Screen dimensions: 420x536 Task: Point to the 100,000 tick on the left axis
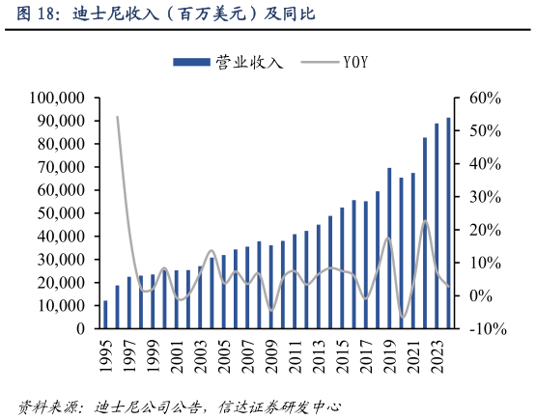tap(57, 98)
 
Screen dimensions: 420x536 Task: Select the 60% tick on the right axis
tap(483, 98)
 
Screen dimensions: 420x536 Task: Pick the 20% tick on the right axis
tap(483, 230)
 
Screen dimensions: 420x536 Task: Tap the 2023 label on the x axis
tap(437, 358)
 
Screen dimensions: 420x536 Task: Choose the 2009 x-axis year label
tap(271, 358)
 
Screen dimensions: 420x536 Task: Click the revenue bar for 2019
tap(389, 248)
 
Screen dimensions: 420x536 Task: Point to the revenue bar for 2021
tap(413, 250)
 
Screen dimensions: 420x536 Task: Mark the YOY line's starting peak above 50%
tap(117, 117)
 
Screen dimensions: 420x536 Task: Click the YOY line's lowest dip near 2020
tap(403, 317)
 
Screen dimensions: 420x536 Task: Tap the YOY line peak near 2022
tap(425, 221)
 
